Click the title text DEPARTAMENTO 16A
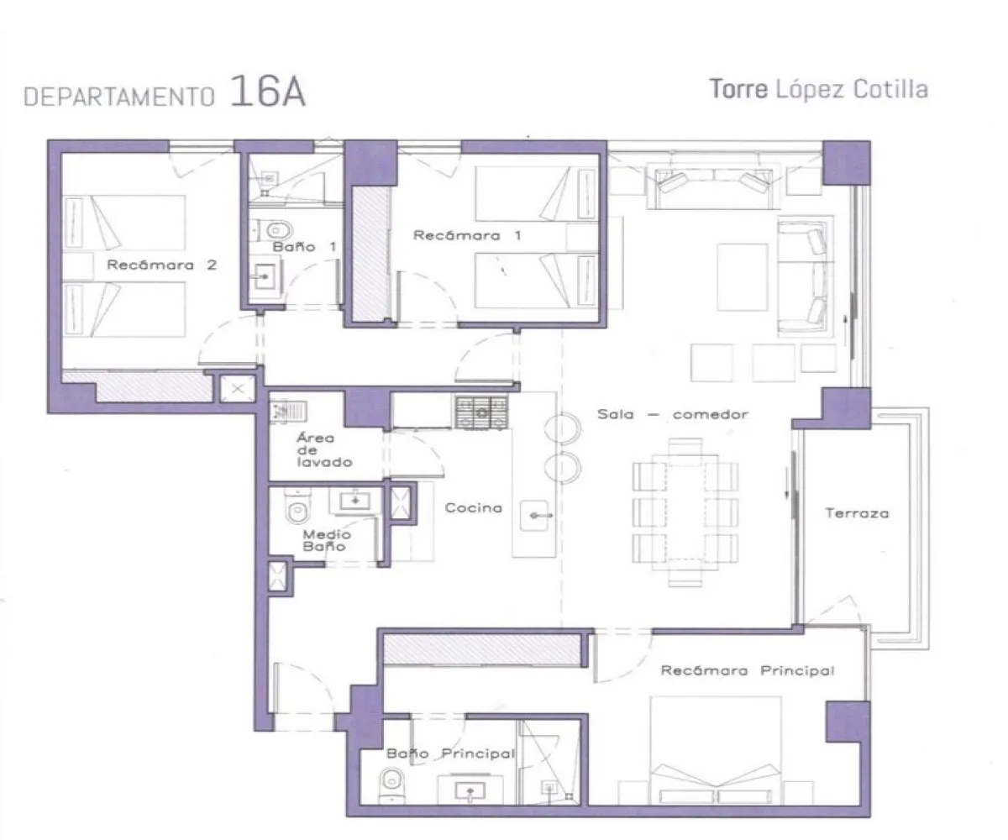165,93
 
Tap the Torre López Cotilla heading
819,89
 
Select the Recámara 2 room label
161,265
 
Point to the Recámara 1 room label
467,236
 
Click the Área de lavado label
323,450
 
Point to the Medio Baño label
327,540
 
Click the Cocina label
474,507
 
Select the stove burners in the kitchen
483,412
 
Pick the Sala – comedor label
672,414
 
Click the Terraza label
856,512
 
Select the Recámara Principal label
747,670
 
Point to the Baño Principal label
449,753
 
